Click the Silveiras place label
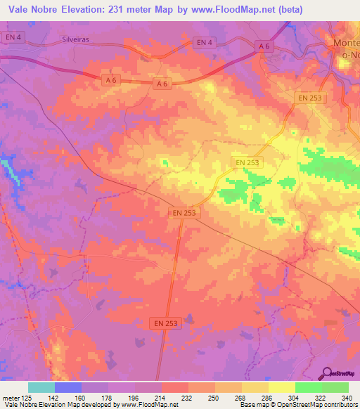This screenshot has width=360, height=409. point(77,40)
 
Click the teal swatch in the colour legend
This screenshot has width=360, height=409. point(41,387)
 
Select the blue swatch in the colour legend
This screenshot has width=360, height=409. point(68,387)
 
